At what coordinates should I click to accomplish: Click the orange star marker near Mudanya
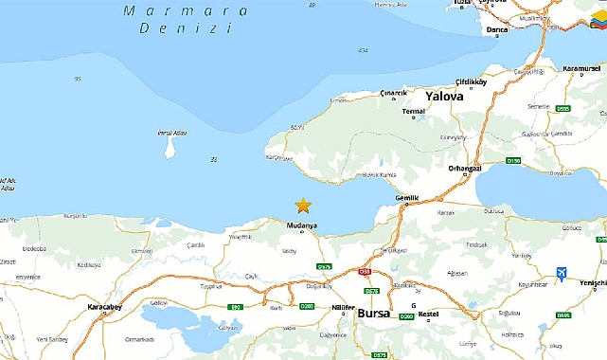[x=303, y=205]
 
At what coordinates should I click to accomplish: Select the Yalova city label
[x=444, y=97]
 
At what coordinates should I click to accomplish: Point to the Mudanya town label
[x=301, y=225]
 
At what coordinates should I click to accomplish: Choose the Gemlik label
[x=406, y=198]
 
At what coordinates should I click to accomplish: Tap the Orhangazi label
[x=467, y=169]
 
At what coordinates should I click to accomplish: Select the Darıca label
[x=497, y=30]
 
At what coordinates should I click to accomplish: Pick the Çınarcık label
[x=393, y=92]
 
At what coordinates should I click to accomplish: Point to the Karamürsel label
[x=580, y=69]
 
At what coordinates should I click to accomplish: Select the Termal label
[x=414, y=112]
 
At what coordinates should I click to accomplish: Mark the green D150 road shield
[x=513, y=161]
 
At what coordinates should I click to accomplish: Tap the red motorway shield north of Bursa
[x=363, y=272]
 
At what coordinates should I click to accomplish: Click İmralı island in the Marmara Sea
[x=170, y=147]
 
